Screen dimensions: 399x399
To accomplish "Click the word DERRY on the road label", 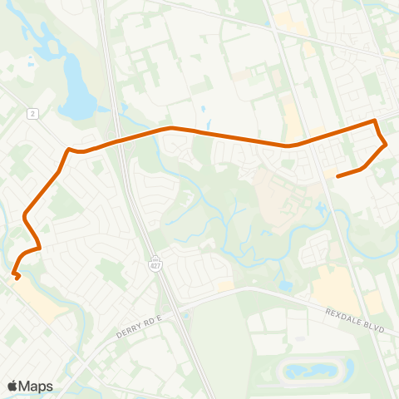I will click(121, 335).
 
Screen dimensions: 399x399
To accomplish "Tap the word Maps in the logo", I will click(36, 386).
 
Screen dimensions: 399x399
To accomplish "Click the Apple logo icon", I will click(13, 385).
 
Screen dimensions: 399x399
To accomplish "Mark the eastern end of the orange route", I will click(337, 176).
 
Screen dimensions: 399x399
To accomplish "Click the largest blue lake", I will click(76, 96).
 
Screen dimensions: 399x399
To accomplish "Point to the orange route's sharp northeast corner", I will click(376, 122).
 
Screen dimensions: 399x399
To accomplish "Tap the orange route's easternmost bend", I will click(387, 145).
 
